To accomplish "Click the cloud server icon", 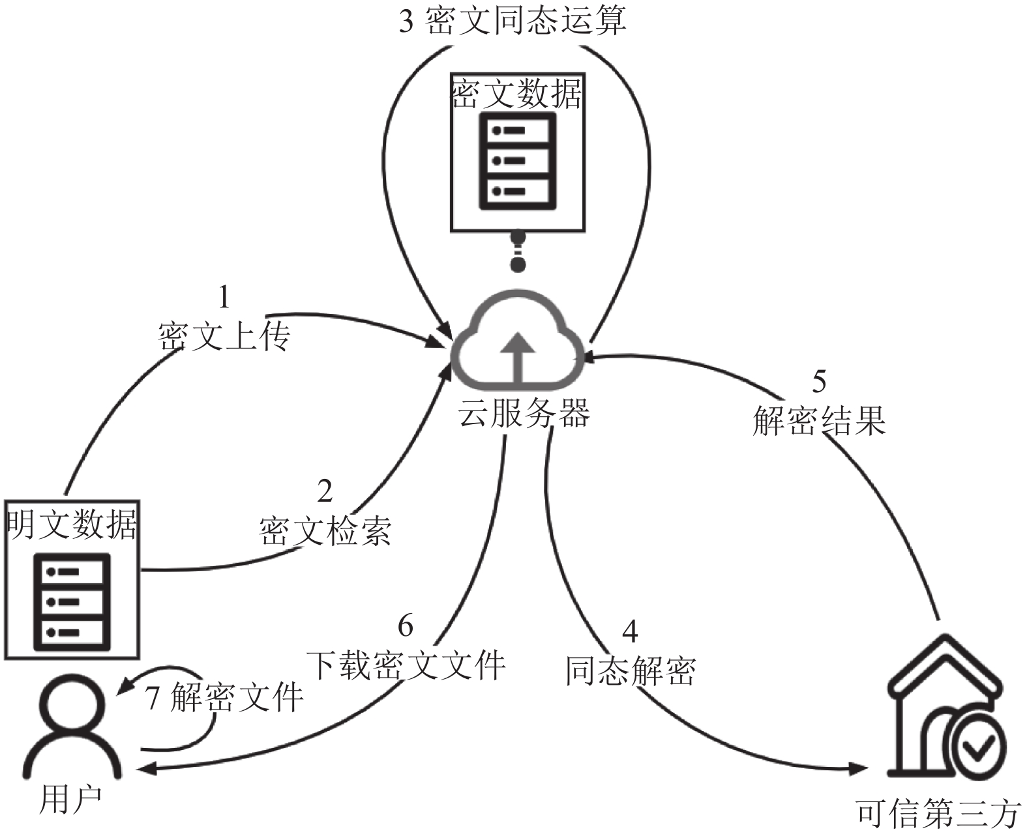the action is [517, 340].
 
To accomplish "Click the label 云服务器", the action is [524, 413].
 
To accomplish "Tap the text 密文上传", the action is [224, 336].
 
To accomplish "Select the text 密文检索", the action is [325, 532].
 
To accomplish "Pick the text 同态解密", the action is [630, 670].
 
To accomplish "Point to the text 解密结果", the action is [819, 420].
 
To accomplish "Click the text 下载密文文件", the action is [406, 665].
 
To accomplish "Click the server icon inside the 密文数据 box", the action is [517, 161].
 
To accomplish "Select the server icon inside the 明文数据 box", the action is [72, 602].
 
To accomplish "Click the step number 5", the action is [819, 381].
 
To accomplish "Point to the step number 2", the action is [325, 492].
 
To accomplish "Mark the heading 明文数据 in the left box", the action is [72, 524].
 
